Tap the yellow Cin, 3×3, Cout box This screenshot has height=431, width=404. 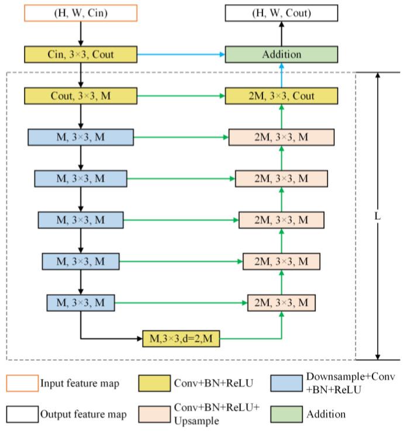click(80, 54)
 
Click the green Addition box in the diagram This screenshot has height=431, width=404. click(282, 54)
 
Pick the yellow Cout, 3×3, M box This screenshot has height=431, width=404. click(80, 95)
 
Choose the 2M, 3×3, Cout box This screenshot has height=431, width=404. click(282, 95)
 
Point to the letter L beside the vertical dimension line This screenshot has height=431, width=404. click(378, 216)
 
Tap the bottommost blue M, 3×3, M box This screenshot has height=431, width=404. click(80, 303)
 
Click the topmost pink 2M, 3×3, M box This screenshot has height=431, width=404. click(282, 137)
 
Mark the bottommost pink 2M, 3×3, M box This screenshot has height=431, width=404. click(282, 303)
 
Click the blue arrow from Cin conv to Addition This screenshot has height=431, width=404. click(181, 54)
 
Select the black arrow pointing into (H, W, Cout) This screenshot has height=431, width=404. click(282, 33)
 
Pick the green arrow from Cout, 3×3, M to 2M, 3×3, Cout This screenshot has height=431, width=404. click(181, 95)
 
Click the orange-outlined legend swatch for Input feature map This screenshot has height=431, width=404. click(22, 384)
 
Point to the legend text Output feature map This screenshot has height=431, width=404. click(83, 415)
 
